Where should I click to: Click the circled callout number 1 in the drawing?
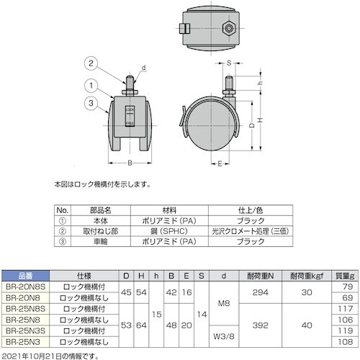click(x=92, y=84)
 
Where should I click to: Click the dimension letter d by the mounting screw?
click(x=143, y=68)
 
